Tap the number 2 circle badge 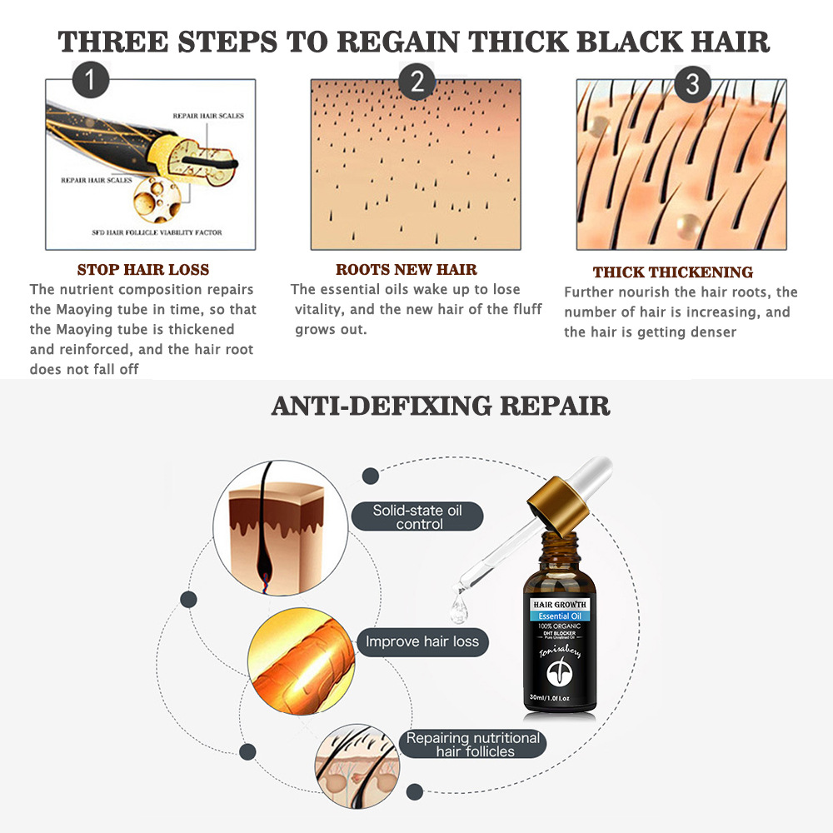416,82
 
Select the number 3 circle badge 692,84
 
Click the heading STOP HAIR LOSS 143,270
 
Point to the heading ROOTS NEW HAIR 407,270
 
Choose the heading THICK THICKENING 673,272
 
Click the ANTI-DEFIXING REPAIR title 441,406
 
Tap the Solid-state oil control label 417,516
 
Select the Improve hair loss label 423,642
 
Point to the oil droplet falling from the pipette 458,611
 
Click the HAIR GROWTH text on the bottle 560,604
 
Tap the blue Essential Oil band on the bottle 560,616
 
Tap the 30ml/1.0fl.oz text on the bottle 560,696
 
